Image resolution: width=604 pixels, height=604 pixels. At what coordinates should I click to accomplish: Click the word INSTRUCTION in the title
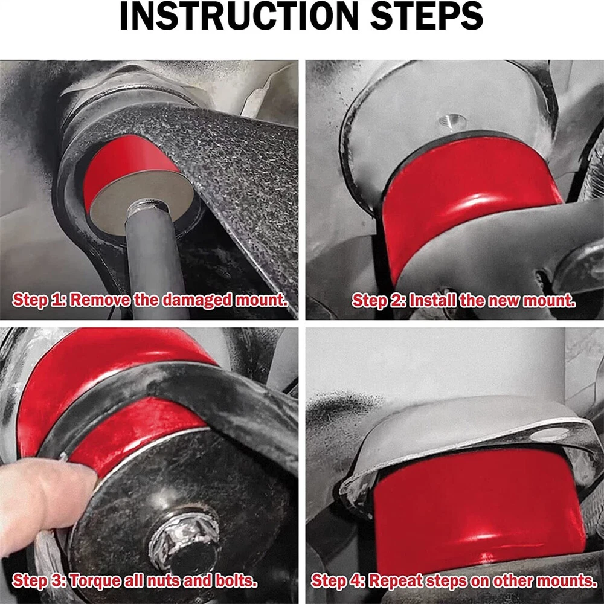pos(239,16)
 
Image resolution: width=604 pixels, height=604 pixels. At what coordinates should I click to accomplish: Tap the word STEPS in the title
pos(427,16)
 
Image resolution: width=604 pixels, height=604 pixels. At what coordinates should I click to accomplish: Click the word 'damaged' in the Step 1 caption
pos(197,300)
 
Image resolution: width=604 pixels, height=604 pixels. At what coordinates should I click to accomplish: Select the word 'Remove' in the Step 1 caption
pos(100,300)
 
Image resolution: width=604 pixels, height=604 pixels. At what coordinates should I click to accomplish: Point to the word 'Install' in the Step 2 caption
pos(432,300)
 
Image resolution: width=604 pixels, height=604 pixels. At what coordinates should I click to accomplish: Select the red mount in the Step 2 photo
pos(466,201)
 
